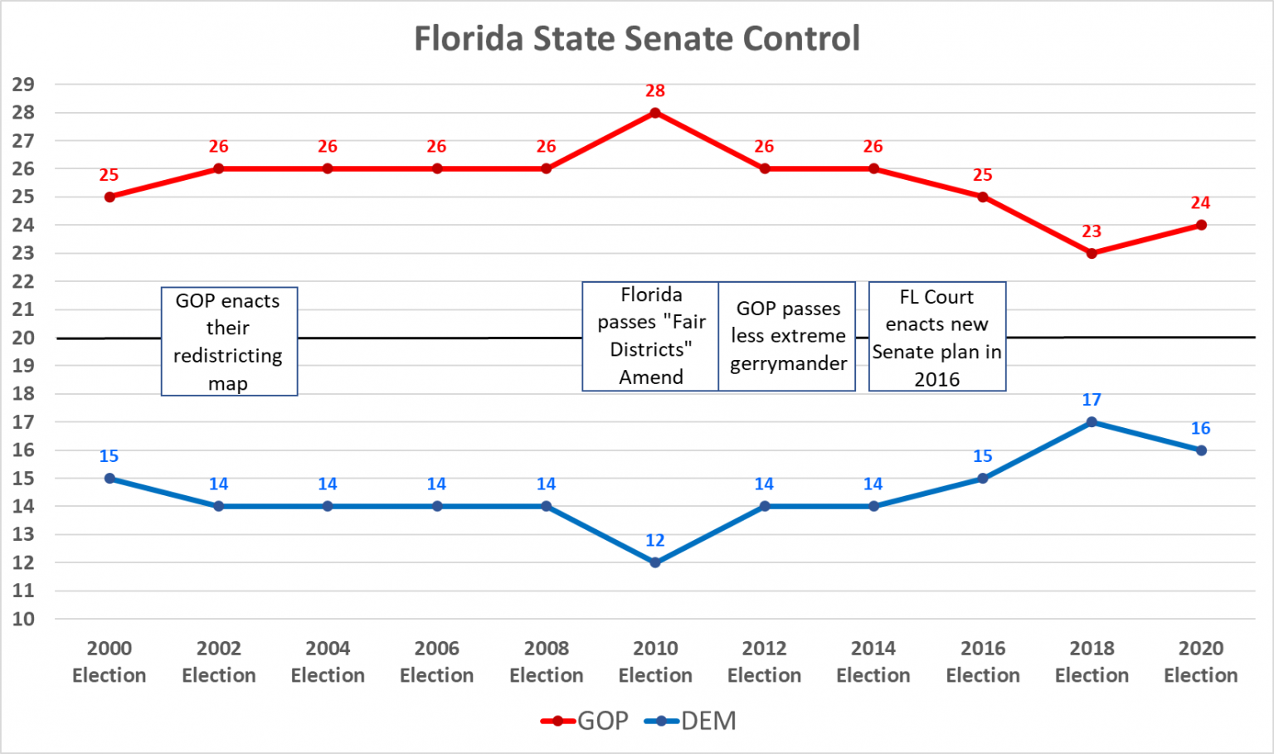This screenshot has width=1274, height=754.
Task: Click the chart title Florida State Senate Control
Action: [x=637, y=38]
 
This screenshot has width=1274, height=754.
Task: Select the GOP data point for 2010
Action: [x=655, y=113]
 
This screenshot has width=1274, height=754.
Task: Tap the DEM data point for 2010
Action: [x=655, y=562]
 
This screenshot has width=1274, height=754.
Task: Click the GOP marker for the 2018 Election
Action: [x=1092, y=253]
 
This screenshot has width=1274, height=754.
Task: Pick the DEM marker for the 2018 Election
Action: [x=1092, y=422]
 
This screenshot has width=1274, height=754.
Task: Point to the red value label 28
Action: [x=655, y=91]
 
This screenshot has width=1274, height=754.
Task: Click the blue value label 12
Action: [x=655, y=541]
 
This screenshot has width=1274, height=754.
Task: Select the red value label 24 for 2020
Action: [x=1200, y=203]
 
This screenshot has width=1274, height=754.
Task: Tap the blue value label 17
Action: [x=1092, y=401]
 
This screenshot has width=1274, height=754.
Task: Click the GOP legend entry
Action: [x=585, y=721]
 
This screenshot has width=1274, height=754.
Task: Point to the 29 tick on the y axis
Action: [x=23, y=85]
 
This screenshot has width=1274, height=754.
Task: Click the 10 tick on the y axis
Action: [x=23, y=619]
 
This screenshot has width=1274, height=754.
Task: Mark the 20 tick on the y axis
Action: [x=23, y=338]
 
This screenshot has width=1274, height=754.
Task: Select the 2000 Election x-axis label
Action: [x=109, y=662]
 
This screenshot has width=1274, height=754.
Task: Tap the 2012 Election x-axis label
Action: [x=764, y=662]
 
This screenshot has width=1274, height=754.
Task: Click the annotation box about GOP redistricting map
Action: [x=229, y=342]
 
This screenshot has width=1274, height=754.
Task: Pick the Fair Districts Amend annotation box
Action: [x=651, y=336]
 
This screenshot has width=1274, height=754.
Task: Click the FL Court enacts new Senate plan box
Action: [x=937, y=337]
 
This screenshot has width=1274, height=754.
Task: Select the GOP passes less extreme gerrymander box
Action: [x=787, y=336]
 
